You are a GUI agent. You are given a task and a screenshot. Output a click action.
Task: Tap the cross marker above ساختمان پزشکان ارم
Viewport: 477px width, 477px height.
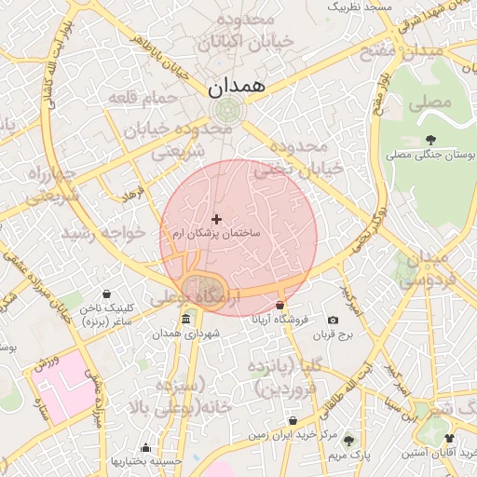[x=217, y=219]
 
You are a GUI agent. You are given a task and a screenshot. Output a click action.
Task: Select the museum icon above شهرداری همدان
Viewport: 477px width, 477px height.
[x=185, y=320]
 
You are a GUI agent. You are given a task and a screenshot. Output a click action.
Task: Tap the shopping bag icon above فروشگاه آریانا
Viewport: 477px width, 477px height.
[x=279, y=305]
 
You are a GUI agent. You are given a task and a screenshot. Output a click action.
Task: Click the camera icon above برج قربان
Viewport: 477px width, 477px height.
[x=334, y=320]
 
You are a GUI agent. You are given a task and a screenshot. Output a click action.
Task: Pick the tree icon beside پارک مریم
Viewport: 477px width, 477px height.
[x=348, y=441]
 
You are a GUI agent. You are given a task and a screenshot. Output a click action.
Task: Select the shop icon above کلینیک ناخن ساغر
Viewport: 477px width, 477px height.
[x=106, y=293]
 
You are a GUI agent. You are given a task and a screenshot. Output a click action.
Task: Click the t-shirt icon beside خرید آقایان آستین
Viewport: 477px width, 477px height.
[x=449, y=439]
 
